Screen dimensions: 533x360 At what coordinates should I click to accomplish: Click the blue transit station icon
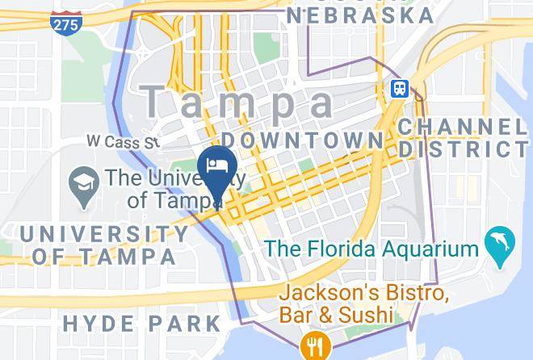pyautogui.click(x=399, y=88)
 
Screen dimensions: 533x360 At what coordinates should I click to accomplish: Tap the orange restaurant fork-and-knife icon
pyautogui.click(x=313, y=347)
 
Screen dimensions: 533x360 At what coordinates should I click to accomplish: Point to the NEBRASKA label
pyautogui.click(x=359, y=15)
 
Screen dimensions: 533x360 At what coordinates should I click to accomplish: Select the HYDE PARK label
pyautogui.click(x=141, y=324)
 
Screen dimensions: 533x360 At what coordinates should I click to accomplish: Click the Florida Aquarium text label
pyautogui.click(x=372, y=249)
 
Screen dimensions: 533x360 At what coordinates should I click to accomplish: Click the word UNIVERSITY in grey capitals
pyautogui.click(x=105, y=235)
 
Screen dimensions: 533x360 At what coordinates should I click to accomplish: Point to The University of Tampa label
pyautogui.click(x=153, y=188)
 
